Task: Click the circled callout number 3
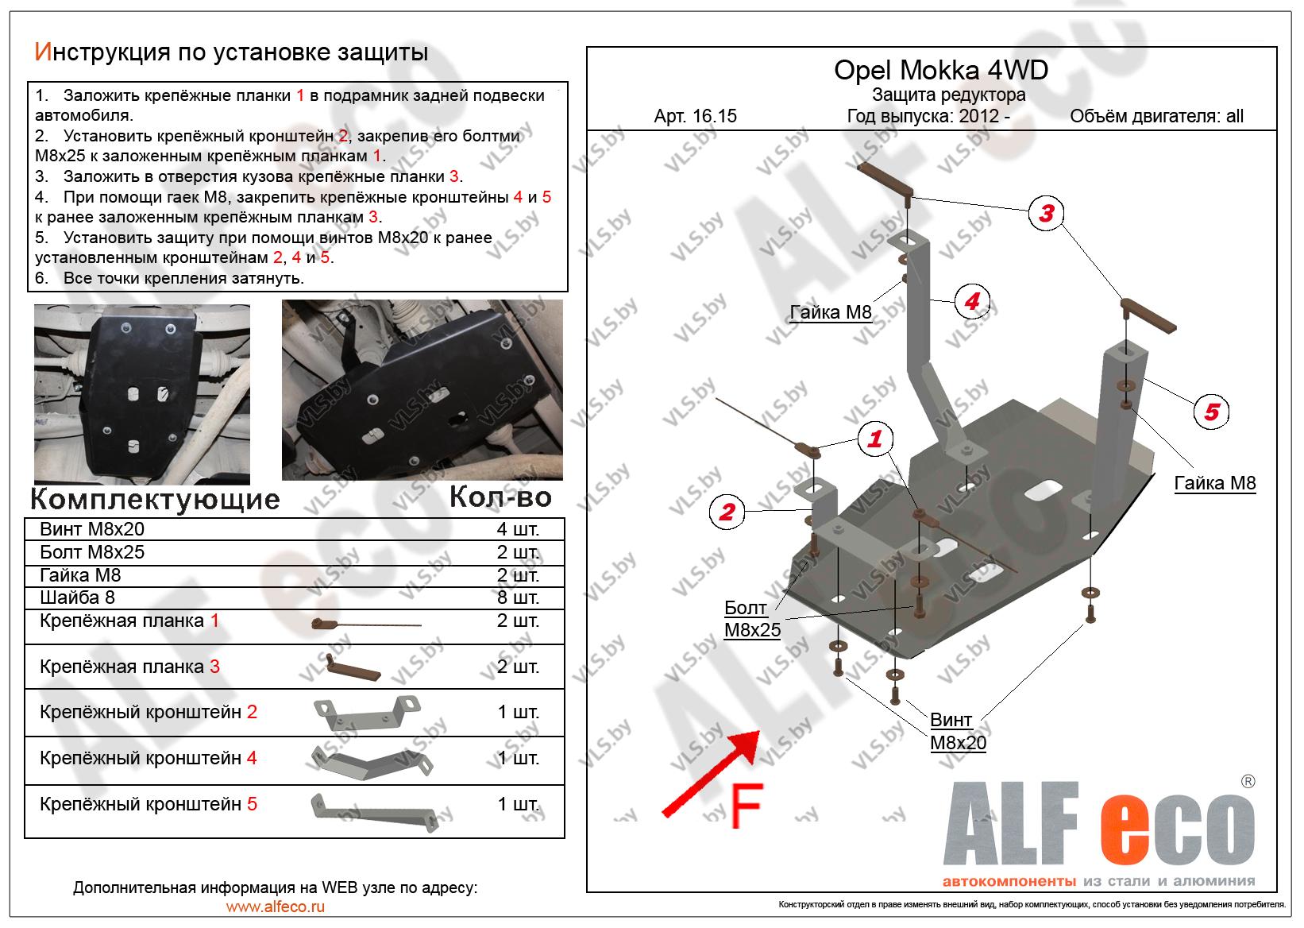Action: [1046, 213]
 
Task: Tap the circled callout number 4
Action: [972, 301]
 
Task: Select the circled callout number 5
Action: [1211, 412]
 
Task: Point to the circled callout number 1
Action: [875, 439]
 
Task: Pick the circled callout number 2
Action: [727, 512]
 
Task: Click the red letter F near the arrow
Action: [747, 806]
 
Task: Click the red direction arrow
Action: [711, 773]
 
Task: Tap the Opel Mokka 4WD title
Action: [941, 70]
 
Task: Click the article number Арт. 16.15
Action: [695, 116]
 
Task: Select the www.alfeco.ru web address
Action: [276, 907]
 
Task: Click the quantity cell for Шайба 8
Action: [518, 597]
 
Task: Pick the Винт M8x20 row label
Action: [92, 529]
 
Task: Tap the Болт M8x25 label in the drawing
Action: [752, 619]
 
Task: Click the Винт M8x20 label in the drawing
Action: [958, 732]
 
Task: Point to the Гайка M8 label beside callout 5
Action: [1214, 483]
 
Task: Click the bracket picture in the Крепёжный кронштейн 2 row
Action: [368, 713]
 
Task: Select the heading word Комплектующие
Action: [155, 499]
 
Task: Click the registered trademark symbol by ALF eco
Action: [1248, 782]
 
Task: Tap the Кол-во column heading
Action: [500, 497]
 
